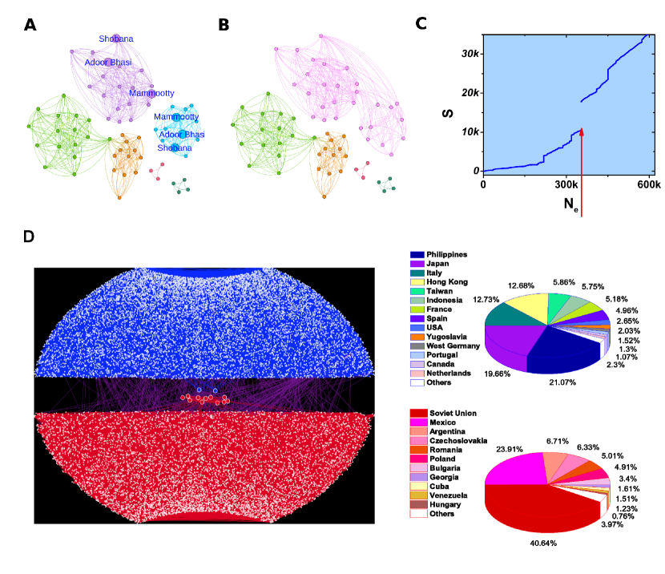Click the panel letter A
(30, 25)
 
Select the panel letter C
(421, 23)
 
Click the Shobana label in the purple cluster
(116, 38)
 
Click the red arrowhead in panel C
(581, 131)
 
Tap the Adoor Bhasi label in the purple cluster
(108, 61)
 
